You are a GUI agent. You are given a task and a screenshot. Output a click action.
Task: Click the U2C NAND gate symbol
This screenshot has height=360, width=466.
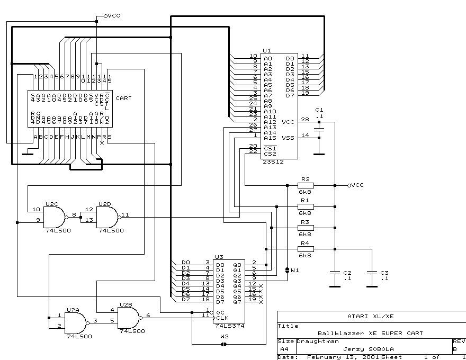(x=55, y=217)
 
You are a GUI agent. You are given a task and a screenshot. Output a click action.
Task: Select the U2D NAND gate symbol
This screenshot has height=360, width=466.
(x=107, y=217)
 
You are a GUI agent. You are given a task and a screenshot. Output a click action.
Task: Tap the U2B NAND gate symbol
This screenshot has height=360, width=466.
(x=129, y=318)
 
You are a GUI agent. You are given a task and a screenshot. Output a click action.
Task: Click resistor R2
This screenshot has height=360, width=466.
(x=306, y=185)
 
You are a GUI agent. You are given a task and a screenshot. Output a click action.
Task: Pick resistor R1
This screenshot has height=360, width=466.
(x=306, y=206)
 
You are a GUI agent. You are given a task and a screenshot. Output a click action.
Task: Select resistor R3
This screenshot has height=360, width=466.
(x=306, y=228)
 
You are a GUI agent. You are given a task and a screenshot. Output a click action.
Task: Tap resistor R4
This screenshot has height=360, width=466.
(x=306, y=249)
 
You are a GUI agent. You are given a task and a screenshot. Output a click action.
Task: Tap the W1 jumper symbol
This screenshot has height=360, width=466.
(x=287, y=270)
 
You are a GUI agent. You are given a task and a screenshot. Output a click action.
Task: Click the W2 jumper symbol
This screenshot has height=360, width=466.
(x=223, y=344)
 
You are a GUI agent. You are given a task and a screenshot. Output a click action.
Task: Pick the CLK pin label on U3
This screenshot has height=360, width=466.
(x=220, y=316)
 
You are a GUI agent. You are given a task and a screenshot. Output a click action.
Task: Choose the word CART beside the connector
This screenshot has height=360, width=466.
(x=123, y=98)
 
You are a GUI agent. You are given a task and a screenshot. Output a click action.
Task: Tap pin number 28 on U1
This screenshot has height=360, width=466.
(x=304, y=120)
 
